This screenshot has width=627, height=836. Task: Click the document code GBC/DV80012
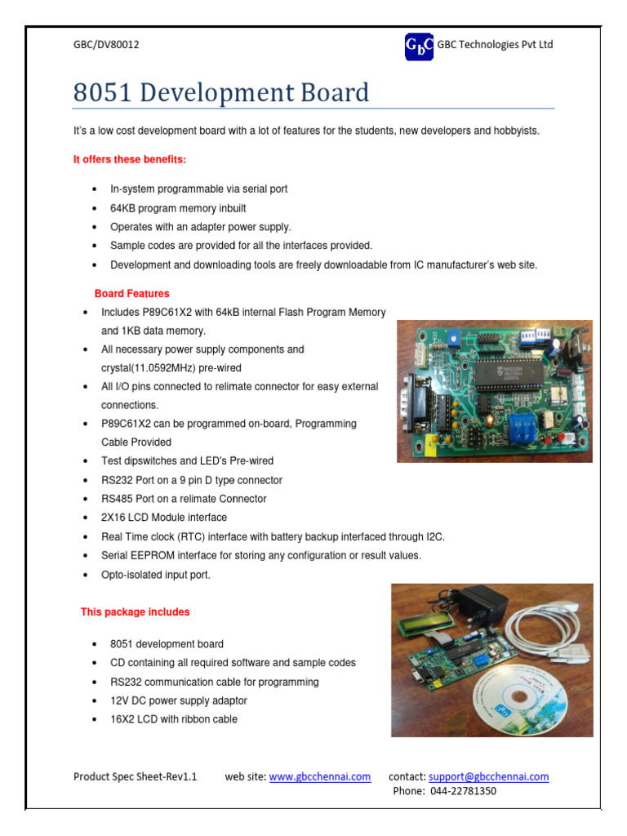106,45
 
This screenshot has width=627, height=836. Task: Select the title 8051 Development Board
220,92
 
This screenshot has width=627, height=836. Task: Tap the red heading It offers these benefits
130,159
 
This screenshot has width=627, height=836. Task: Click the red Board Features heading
131,293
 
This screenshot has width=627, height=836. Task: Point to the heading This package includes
135,611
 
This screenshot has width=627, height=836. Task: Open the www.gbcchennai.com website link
320,776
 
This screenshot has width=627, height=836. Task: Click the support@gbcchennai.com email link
488,776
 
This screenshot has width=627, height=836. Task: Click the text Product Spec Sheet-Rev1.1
136,776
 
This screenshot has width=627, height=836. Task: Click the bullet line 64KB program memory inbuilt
178,207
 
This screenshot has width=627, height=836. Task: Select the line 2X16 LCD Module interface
164,518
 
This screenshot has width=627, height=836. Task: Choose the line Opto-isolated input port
156,575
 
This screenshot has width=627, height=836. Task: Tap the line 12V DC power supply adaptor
179,700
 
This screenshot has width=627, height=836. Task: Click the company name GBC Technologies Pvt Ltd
495,45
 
